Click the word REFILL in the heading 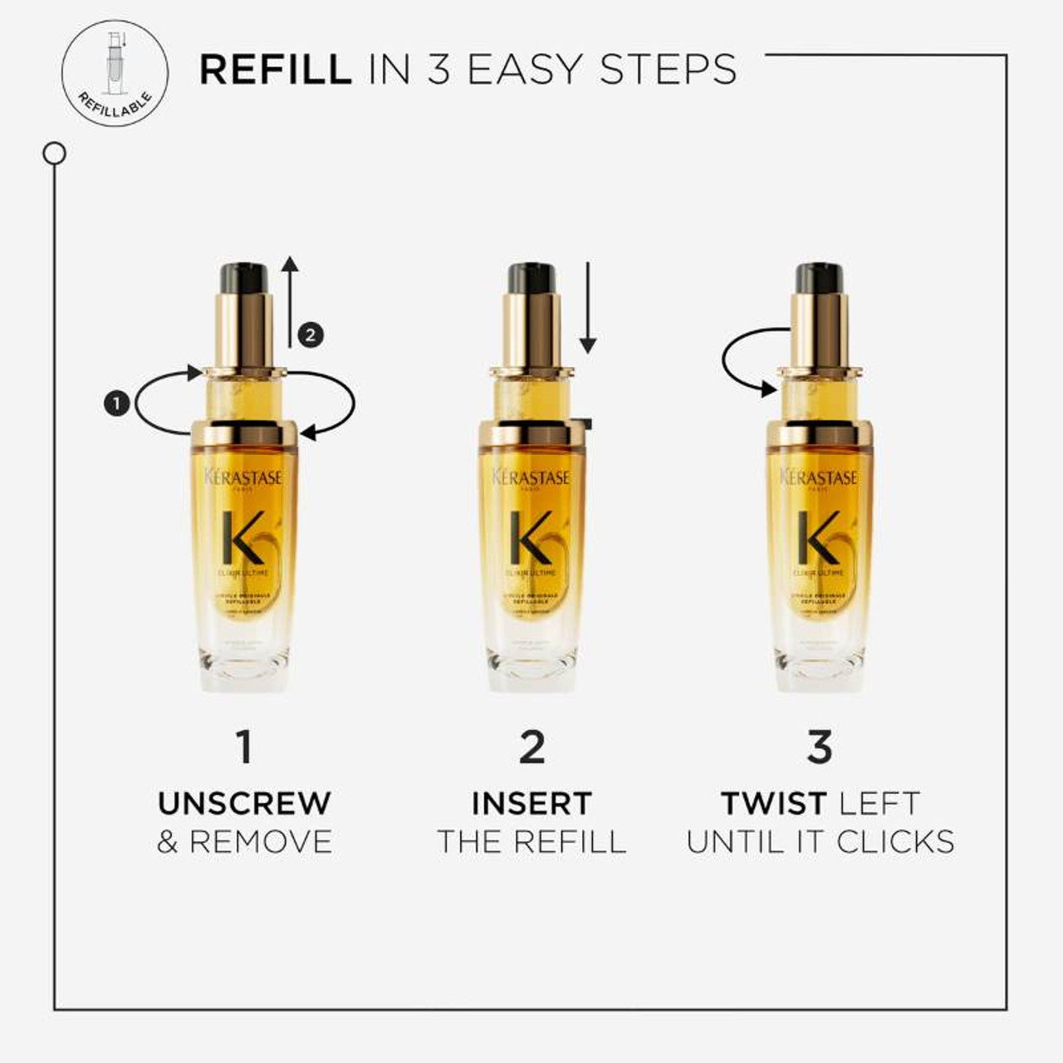275,70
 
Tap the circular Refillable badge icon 115,72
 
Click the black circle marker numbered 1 117,404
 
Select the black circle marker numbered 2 310,336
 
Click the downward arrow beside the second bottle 588,307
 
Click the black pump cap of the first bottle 243,277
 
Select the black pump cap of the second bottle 531,277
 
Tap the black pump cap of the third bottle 819,277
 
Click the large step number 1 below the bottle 243,747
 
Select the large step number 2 531,747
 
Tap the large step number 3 819,747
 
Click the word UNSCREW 244,803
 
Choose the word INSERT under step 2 531,803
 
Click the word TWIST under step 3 773,803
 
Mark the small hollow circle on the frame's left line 55,154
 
